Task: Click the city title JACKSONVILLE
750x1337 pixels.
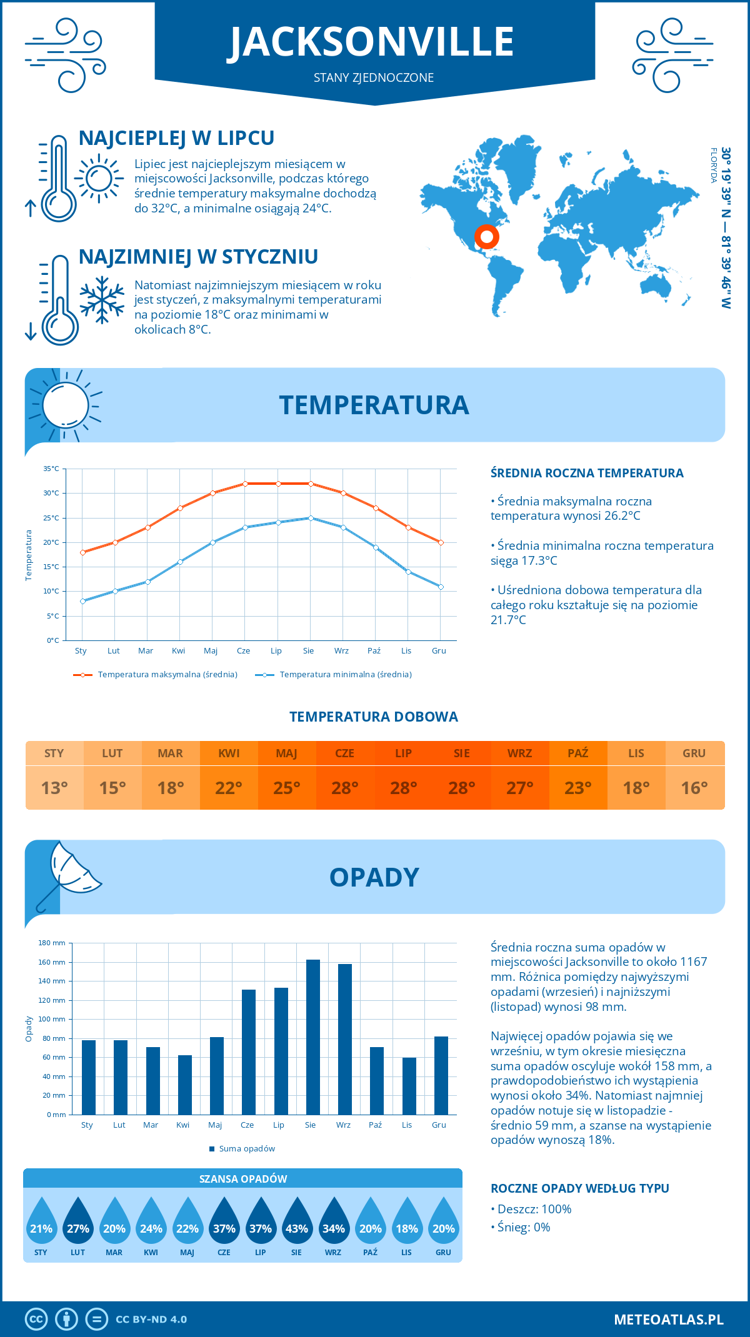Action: click(373, 42)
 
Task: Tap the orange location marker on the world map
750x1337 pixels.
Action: click(486, 237)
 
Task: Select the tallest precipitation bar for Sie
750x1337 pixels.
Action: click(312, 1037)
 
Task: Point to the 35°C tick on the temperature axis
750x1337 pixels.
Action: click(51, 469)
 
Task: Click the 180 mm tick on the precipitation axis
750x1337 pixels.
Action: click(52, 943)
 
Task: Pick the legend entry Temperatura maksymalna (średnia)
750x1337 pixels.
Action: click(156, 675)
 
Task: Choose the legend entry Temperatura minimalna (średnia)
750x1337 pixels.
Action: click(334, 675)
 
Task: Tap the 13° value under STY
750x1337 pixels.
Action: click(54, 788)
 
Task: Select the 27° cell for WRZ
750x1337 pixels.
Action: click(520, 788)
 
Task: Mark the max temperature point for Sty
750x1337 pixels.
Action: click(82, 552)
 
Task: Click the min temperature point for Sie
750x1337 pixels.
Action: click(311, 518)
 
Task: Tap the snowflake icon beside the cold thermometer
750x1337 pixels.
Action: click(102, 300)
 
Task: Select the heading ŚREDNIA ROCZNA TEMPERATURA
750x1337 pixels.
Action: click(587, 473)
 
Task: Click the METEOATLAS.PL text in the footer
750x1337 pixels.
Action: click(668, 1320)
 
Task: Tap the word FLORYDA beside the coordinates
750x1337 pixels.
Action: click(713, 165)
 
